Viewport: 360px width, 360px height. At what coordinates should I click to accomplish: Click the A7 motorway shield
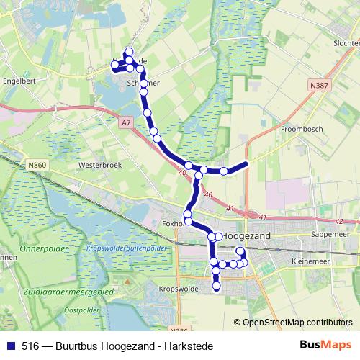[127, 122]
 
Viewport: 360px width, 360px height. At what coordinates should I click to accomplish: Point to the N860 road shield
[38, 166]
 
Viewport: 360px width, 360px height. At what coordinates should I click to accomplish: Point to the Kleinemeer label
[311, 260]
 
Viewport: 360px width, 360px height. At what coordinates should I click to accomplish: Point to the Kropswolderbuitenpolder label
[127, 247]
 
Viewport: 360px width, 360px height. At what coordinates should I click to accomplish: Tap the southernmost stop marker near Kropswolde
[217, 287]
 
